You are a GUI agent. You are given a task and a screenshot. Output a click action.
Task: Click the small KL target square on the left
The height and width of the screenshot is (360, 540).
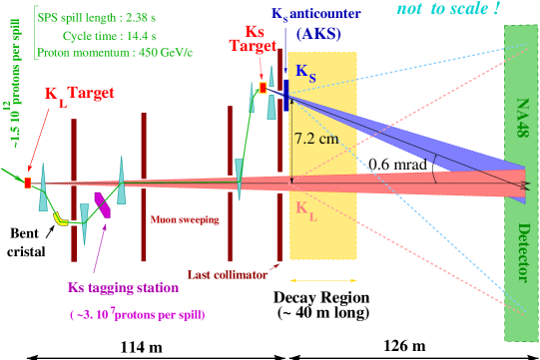(28, 181)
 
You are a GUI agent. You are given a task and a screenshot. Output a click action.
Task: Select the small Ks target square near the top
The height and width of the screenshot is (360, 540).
(263, 88)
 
